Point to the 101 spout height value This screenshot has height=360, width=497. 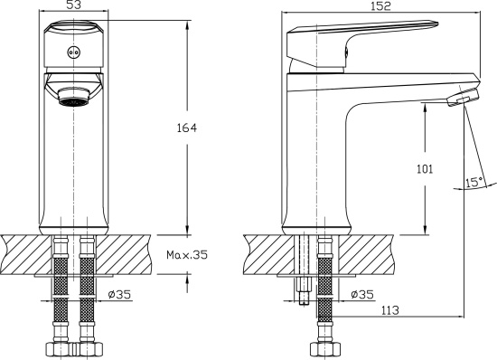[x=426, y=168]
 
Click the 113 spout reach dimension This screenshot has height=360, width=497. [x=389, y=309]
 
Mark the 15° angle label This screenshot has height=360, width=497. [x=471, y=182]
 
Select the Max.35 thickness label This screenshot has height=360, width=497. [x=186, y=255]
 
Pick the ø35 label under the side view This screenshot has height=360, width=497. [x=361, y=294]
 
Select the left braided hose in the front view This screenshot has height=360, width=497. [x=60, y=289]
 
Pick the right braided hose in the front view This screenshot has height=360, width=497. [x=88, y=289]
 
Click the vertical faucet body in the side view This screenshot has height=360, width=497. [x=315, y=163]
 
